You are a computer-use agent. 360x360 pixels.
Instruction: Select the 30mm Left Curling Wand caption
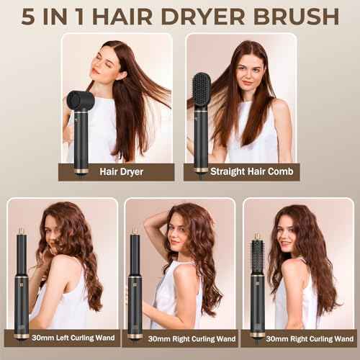(63, 338)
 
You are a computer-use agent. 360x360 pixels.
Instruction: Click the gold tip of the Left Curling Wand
(22, 230)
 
